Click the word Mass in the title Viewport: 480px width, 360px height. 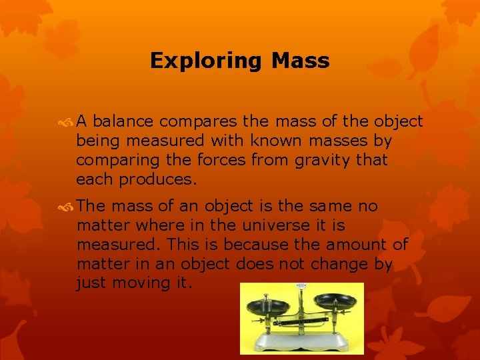[300, 61]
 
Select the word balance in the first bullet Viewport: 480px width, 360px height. [124, 121]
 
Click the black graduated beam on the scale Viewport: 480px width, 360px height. [299, 321]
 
